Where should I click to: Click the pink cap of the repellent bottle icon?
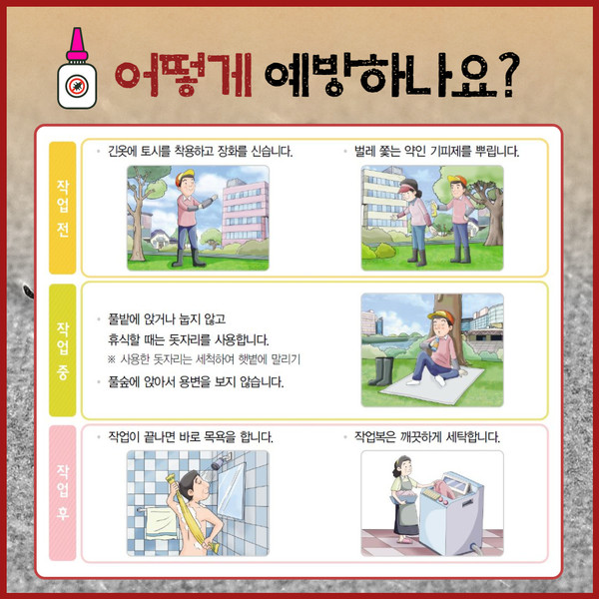point(77,44)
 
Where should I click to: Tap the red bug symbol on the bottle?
point(77,86)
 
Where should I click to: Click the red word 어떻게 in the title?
point(184,75)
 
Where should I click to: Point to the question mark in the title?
point(509,74)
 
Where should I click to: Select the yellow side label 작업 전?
point(62,208)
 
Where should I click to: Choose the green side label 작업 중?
point(62,350)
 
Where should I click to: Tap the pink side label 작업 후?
point(62,493)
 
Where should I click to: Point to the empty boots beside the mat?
point(382,371)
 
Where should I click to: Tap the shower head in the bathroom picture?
point(219,462)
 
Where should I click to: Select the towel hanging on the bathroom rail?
point(162,522)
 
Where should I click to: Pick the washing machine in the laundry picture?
point(452,512)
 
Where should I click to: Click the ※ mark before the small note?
point(111,359)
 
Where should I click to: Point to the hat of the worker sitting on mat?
point(441,316)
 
